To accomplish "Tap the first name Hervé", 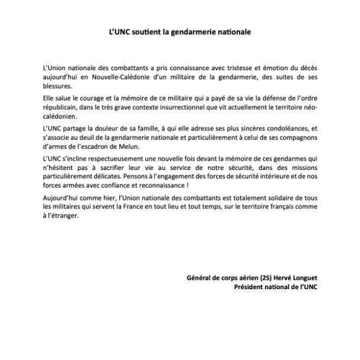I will [279, 279].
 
